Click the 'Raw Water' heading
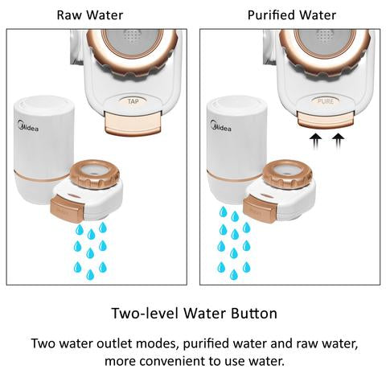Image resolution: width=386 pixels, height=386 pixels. pyautogui.click(x=90, y=15)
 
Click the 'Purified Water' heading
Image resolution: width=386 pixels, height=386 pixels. pyautogui.click(x=292, y=15)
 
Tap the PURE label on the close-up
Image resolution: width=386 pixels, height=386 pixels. pyautogui.click(x=324, y=102)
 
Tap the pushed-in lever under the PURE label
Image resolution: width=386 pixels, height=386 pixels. pyautogui.click(x=326, y=118)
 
